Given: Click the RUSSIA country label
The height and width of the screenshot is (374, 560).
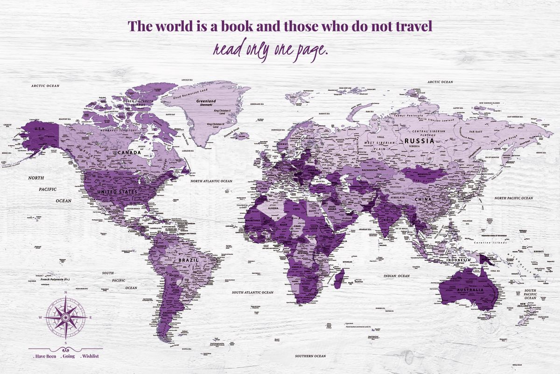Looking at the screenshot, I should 419,140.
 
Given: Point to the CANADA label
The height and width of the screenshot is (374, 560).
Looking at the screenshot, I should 129,152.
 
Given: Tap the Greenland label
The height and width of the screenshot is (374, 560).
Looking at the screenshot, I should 206,101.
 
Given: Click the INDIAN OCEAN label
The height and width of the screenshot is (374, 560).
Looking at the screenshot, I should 396,276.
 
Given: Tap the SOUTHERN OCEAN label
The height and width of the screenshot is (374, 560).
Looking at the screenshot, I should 310,356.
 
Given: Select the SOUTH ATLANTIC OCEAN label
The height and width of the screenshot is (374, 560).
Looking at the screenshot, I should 252,292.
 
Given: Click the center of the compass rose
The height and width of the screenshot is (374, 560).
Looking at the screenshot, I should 65,316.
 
